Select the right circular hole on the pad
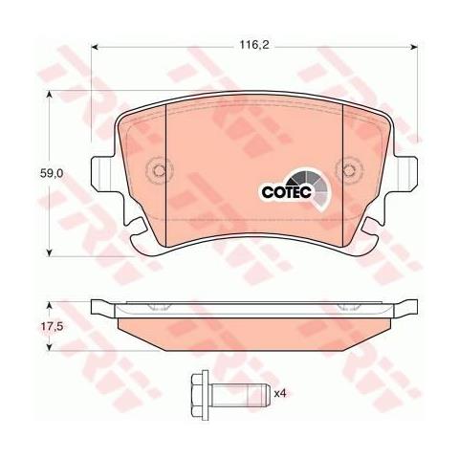pos(339,172)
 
